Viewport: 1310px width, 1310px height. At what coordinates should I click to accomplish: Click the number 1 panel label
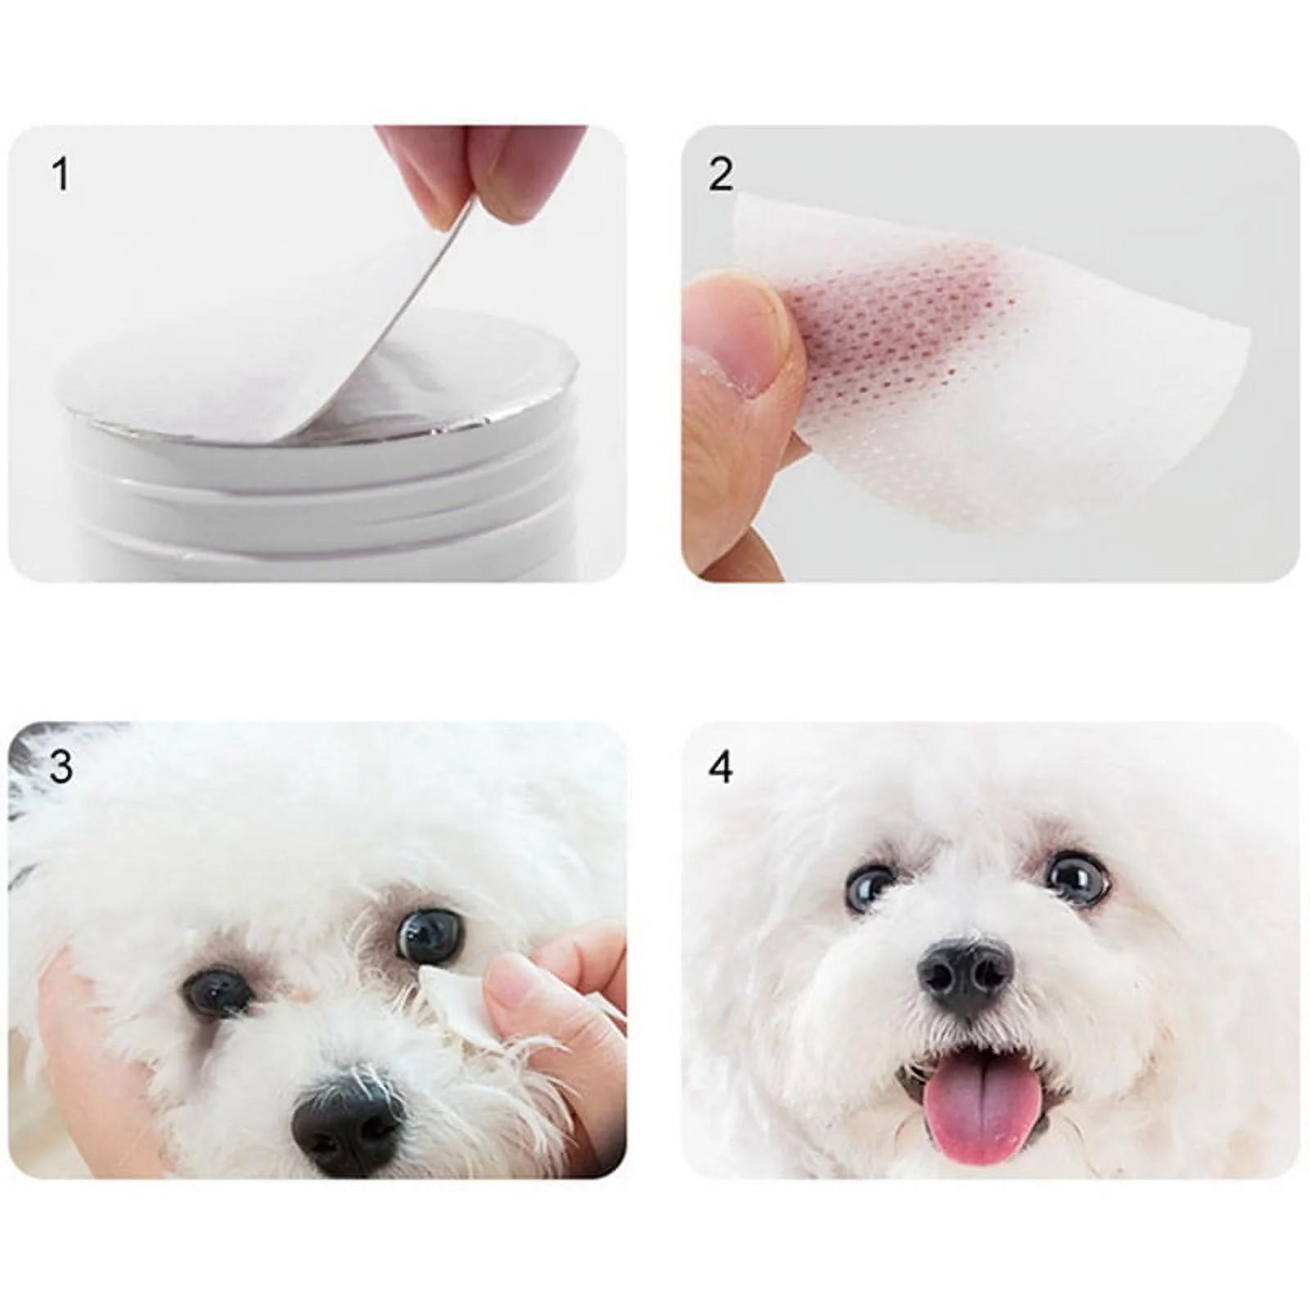[61, 174]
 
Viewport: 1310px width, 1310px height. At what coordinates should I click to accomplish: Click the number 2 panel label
[720, 174]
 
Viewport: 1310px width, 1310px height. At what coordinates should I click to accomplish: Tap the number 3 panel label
[61, 766]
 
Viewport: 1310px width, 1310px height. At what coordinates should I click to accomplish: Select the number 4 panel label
[720, 767]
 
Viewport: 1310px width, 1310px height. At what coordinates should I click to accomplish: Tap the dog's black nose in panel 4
[965, 975]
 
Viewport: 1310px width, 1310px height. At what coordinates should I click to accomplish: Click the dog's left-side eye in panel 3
[218, 990]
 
